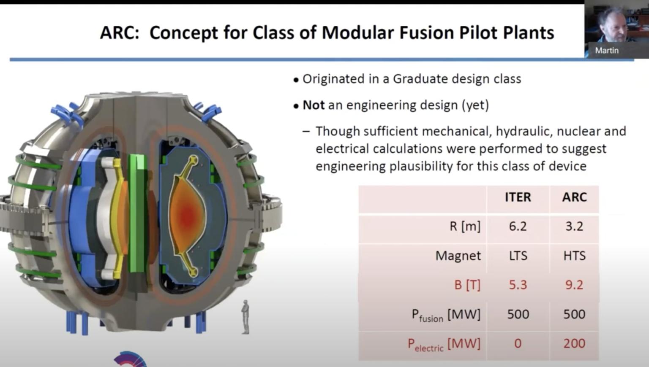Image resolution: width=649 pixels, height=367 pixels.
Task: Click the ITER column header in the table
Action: coord(518,197)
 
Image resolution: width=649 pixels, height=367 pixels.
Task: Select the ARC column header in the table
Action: coord(574,197)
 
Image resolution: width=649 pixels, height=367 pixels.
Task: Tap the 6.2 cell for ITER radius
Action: coord(518,227)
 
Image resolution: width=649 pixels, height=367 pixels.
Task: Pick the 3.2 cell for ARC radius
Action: coord(574,227)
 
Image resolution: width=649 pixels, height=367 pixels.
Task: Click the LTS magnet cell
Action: coord(518,256)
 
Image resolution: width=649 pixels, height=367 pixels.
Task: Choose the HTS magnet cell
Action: coord(574,256)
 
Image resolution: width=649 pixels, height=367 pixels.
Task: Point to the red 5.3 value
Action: coord(518,285)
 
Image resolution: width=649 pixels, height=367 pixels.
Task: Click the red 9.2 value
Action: coord(574,285)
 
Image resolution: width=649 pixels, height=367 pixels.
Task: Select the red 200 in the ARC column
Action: coord(574,343)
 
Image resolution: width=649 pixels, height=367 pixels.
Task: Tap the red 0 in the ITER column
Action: coord(518,343)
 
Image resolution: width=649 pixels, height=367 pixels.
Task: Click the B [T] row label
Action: coord(467,285)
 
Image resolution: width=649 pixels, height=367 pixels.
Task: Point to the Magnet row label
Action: coord(458,256)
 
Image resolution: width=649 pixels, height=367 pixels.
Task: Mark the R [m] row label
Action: coord(465,227)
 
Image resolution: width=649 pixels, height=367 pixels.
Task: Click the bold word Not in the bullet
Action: coord(314,105)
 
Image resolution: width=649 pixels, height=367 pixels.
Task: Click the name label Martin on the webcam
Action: coord(607,50)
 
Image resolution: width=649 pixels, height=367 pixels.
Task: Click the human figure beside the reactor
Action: coord(245,317)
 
